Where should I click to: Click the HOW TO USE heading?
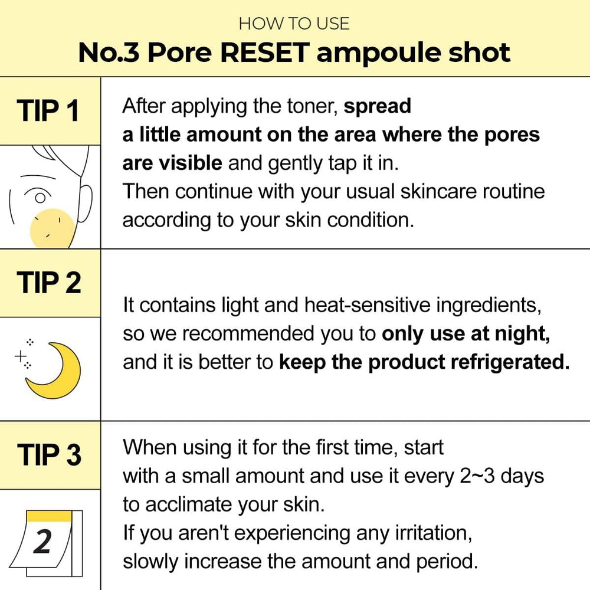294,24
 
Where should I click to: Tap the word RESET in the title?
265,53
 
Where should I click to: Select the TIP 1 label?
48,111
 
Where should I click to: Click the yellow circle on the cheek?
53,228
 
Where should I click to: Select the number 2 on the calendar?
42,542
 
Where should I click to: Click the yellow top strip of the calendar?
50,516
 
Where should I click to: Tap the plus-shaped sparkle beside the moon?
20,356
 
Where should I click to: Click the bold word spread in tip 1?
378,107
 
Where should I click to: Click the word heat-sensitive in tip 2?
367,305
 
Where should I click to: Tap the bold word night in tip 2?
522,334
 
